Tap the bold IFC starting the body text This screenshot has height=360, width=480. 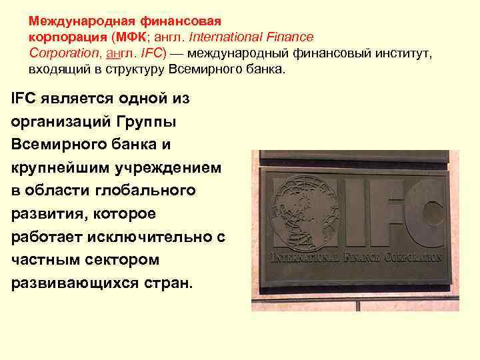click(x=24, y=99)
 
